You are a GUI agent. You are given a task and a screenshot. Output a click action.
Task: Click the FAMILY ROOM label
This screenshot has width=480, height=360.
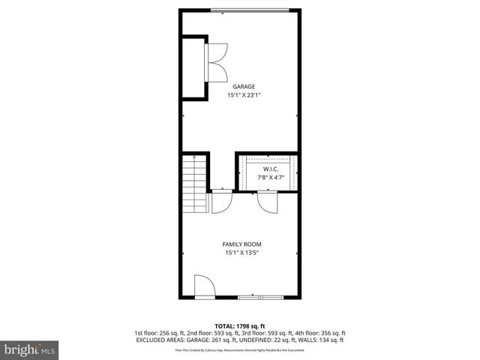pos(241,244)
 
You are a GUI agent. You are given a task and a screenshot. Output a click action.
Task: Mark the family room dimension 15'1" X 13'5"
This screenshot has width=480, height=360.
pos(241,253)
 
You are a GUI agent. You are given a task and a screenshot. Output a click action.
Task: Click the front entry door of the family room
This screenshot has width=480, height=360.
pos(204,286)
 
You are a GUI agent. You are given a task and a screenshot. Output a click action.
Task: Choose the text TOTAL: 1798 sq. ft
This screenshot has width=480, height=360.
pos(239,326)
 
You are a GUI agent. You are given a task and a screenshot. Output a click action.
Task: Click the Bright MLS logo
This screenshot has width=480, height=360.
pos(30,349)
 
